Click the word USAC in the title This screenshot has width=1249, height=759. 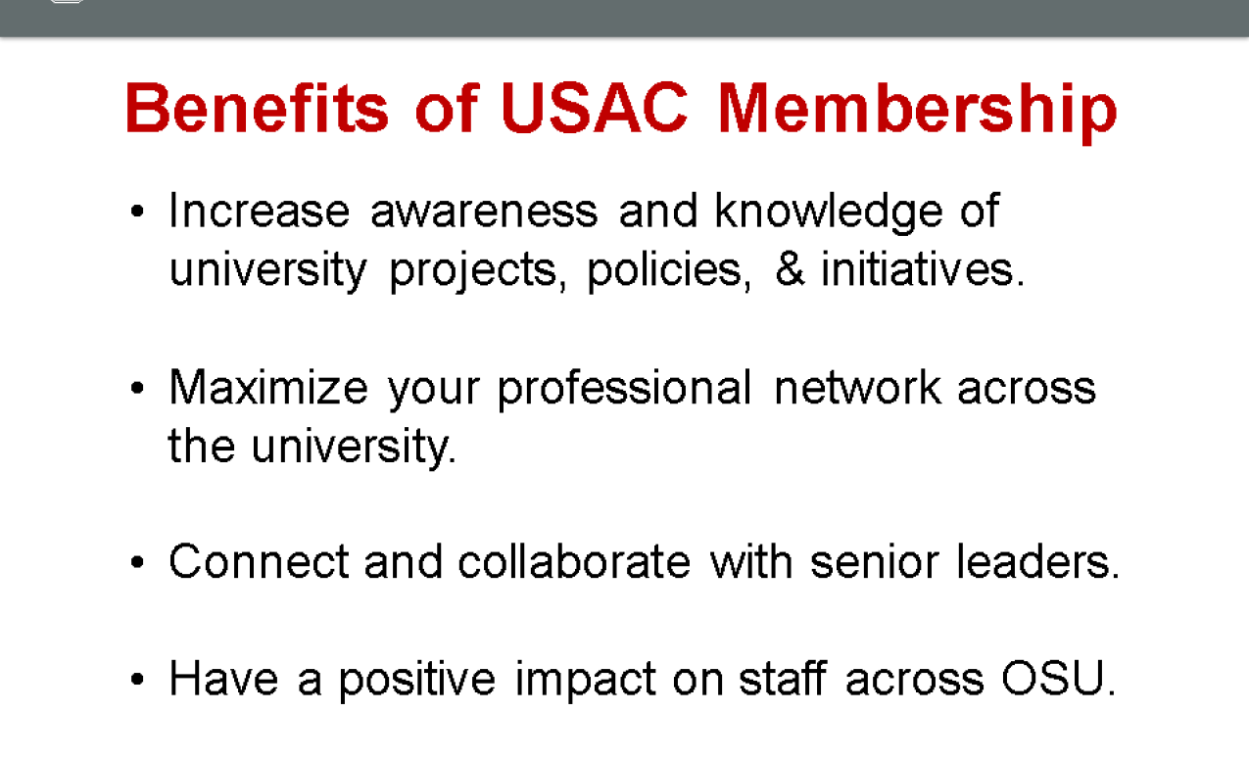tap(595, 108)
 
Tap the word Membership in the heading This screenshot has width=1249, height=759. tap(918, 112)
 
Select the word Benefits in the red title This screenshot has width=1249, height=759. tap(257, 107)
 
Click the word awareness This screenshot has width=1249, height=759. tap(484, 212)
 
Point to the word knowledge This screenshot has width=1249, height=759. tap(829, 212)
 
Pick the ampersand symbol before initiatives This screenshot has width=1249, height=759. tap(791, 269)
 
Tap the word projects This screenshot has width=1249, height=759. tap(478, 271)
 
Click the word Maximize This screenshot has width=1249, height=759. tap(268, 387)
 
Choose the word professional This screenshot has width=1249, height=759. tap(624, 389)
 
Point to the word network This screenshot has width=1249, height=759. tap(857, 386)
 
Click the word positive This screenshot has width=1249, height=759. tap(417, 680)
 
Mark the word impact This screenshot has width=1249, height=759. tap(585, 680)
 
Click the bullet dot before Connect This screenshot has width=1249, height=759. tap(137, 562)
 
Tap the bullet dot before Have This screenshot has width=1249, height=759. tap(137, 679)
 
